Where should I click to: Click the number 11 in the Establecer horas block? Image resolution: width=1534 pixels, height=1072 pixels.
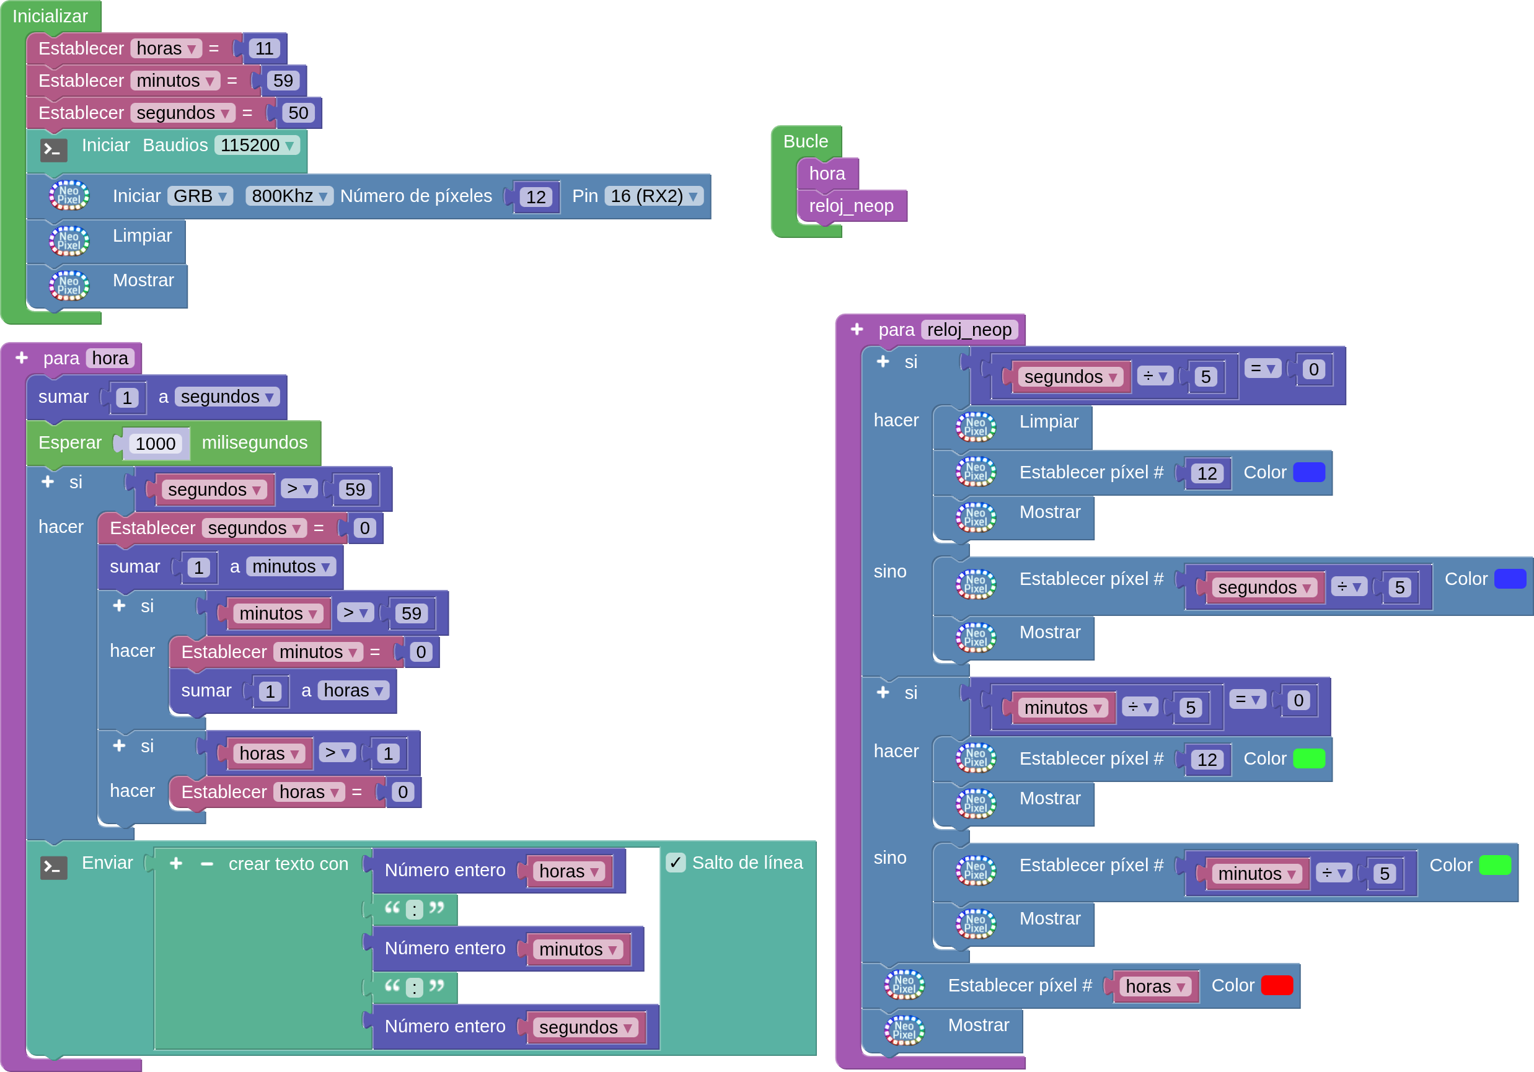(264, 49)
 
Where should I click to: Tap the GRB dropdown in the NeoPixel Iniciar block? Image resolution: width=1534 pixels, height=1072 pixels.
(200, 196)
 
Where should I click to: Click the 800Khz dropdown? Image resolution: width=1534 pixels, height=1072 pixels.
(289, 196)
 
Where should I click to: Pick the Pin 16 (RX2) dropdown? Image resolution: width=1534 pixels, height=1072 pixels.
(654, 196)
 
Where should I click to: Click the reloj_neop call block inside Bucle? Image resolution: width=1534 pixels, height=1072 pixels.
(851, 206)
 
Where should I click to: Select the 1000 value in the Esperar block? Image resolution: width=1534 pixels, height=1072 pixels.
(155, 444)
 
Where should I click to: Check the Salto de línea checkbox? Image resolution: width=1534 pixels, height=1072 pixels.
(676, 863)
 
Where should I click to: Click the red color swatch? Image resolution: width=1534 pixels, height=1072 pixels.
(1277, 985)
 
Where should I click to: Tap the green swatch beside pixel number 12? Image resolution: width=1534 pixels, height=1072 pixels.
(1309, 758)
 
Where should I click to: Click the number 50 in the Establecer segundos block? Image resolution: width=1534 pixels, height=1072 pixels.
(298, 113)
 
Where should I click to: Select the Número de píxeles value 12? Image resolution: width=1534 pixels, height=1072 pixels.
(536, 197)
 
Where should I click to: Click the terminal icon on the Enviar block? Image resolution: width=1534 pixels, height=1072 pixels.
(53, 868)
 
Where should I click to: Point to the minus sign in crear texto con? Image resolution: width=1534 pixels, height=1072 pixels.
(206, 864)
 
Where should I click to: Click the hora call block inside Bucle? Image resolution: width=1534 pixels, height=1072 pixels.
(827, 174)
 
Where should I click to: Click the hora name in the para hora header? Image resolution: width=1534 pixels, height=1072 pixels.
(110, 359)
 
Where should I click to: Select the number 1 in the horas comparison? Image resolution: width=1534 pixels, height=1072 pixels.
(388, 754)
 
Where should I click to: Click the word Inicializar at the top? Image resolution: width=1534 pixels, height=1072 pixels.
(50, 16)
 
